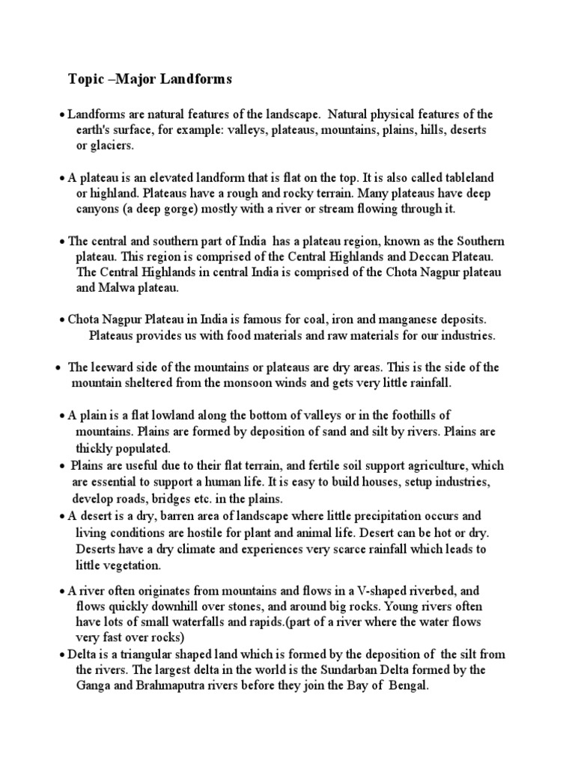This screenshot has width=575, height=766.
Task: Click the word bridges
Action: [198, 497]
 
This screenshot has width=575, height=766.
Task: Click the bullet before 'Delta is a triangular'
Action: [61, 655]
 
